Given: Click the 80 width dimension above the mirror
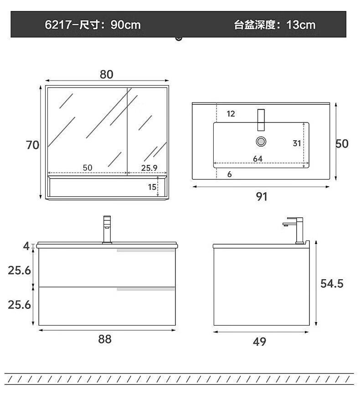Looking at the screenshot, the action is click(x=107, y=74).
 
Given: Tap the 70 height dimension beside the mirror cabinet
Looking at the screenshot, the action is click(x=32, y=145).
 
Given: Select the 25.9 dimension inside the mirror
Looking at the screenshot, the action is click(x=149, y=168).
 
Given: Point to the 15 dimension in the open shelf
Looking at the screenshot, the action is click(x=152, y=187).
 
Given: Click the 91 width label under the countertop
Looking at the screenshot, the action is click(x=261, y=197).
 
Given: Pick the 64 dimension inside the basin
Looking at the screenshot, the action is click(x=257, y=159).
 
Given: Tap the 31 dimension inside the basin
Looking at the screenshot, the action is click(x=297, y=143).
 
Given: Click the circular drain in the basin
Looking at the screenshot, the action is click(x=261, y=142).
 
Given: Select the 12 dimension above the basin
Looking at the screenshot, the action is click(x=231, y=113).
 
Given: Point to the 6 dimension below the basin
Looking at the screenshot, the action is click(x=229, y=174).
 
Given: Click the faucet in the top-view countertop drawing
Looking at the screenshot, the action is click(x=261, y=120).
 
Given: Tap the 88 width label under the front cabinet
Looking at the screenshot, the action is click(x=105, y=339).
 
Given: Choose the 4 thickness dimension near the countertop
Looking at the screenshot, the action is click(x=26, y=246).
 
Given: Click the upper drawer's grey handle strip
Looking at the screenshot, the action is click(x=146, y=251).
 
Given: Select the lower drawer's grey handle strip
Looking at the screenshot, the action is click(x=146, y=289).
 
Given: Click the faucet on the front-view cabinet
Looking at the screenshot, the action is click(x=107, y=230).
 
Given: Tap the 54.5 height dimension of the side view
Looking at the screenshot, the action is click(x=332, y=284).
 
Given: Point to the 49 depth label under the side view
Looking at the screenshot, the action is click(x=259, y=342).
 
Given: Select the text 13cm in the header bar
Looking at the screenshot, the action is click(x=301, y=25).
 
